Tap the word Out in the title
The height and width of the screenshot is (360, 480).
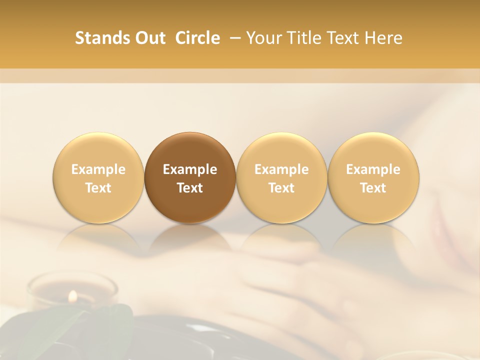click(148, 38)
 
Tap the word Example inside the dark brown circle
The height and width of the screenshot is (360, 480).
click(190, 169)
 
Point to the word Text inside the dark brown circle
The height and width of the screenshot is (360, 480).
click(190, 188)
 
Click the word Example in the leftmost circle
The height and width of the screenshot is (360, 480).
click(98, 169)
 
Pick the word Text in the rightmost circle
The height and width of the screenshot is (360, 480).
click(373, 188)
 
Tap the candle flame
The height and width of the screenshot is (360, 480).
click(73, 296)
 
